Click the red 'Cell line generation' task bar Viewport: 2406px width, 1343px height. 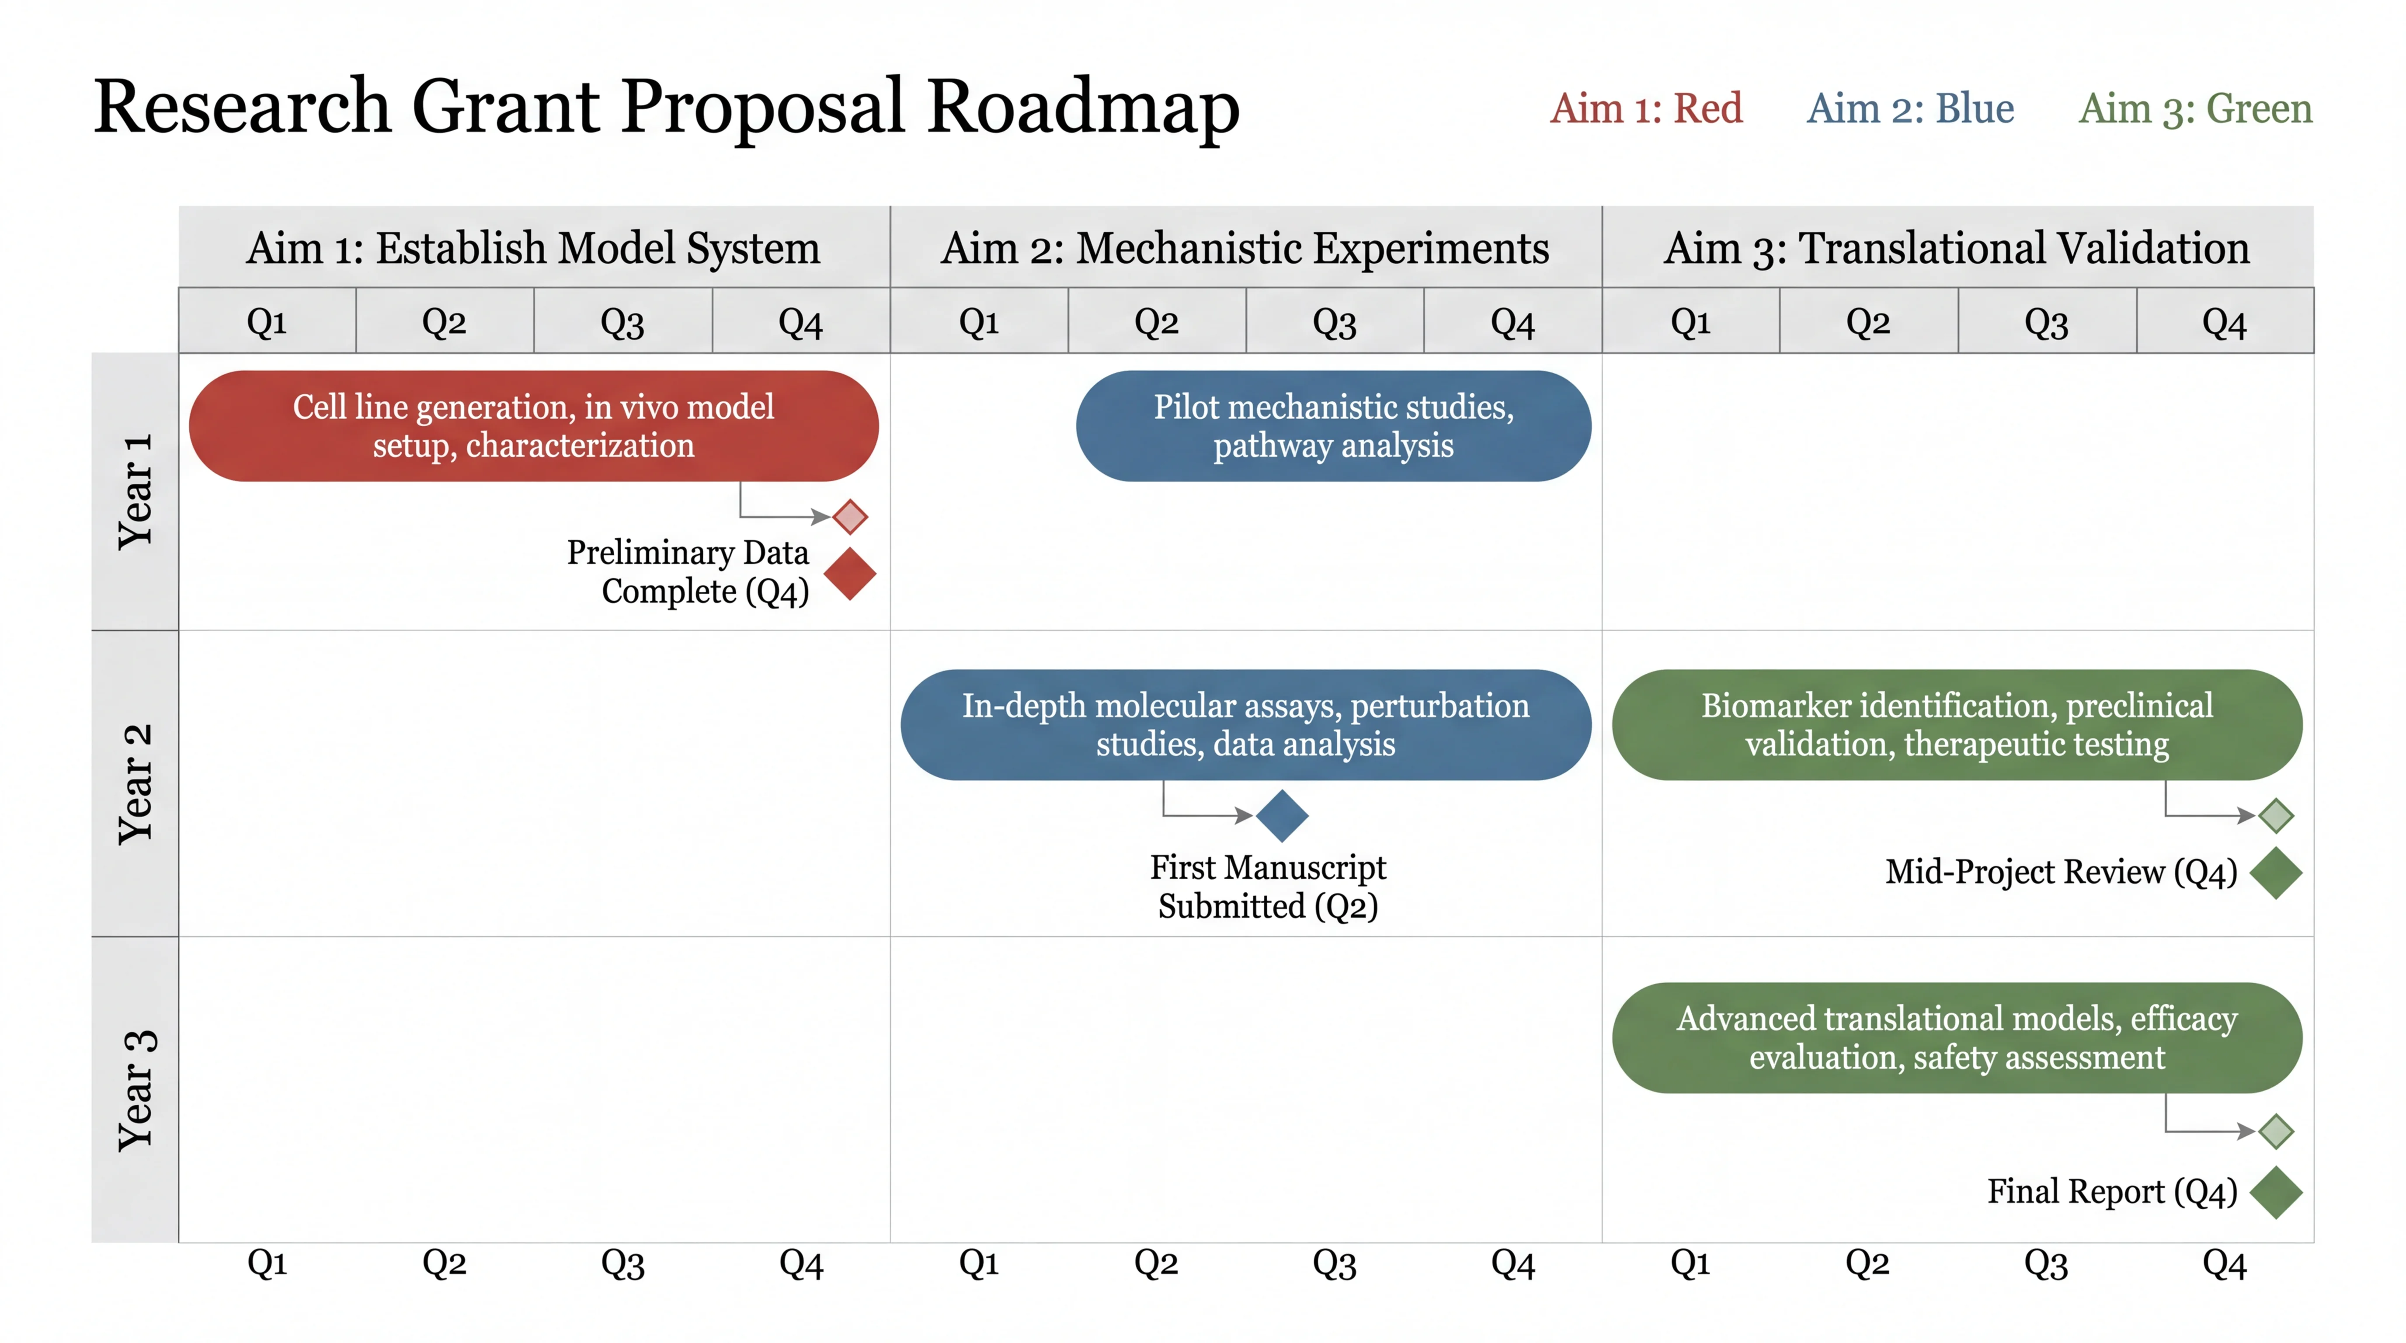coord(533,426)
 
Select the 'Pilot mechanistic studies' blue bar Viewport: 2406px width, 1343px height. coord(1333,426)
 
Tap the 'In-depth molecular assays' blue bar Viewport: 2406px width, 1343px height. coord(1245,725)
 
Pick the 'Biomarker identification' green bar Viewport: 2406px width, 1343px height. coord(1957,725)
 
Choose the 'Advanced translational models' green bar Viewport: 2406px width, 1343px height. coord(1957,1037)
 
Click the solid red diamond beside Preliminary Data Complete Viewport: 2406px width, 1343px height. coord(850,574)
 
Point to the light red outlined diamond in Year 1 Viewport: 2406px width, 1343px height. coord(850,516)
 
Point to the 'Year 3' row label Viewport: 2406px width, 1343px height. coord(136,1090)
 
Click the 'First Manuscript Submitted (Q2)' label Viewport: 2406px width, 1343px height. coord(1267,886)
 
